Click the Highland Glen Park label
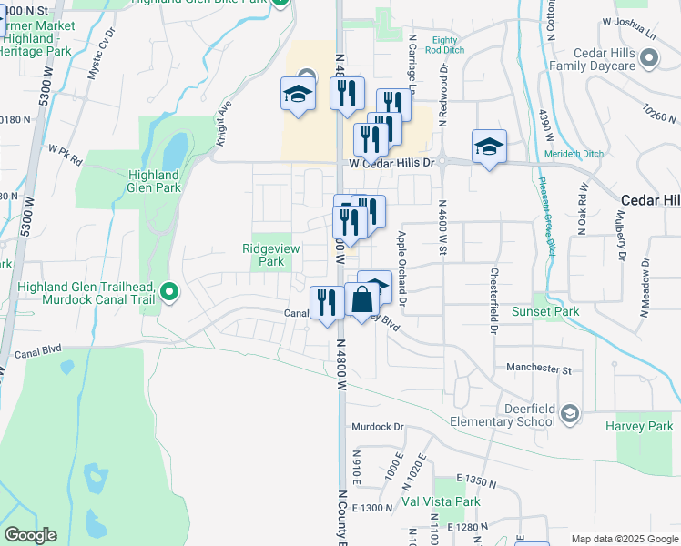154,181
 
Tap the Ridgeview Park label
264,255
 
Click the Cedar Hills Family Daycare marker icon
648,59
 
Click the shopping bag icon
361,299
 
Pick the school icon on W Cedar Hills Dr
489,146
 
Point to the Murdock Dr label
379,426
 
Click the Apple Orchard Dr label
401,268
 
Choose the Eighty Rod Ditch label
445,45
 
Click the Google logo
31,535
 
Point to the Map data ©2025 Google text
624,539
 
